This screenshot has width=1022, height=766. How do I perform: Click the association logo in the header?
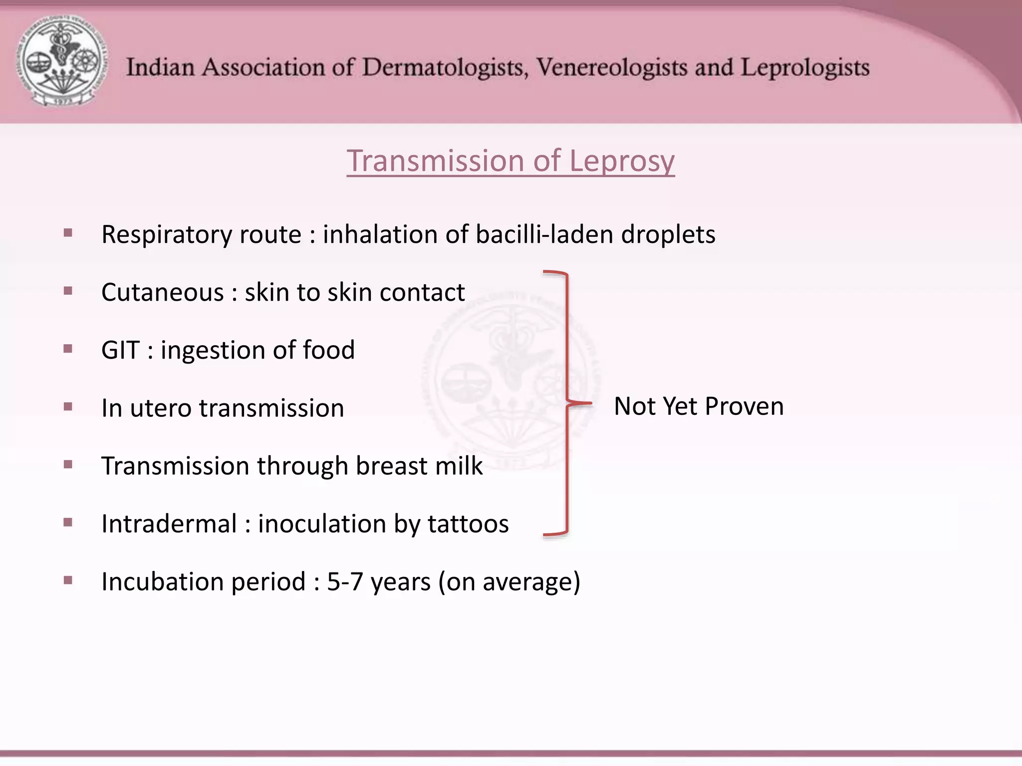62,62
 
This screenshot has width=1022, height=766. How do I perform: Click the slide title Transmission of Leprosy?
511,161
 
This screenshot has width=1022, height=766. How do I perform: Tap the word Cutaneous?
162,292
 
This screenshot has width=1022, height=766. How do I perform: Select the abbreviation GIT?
120,350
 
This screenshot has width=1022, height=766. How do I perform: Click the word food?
329,350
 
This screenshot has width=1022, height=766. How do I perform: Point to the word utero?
161,408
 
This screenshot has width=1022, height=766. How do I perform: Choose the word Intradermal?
169,524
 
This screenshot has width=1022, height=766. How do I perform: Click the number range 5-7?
345,582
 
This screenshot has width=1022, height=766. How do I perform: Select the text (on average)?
509,582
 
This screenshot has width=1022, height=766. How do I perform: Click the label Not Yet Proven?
698,406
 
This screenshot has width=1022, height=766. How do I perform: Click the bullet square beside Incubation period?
68,580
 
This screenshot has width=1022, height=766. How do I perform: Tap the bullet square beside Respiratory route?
68,233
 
